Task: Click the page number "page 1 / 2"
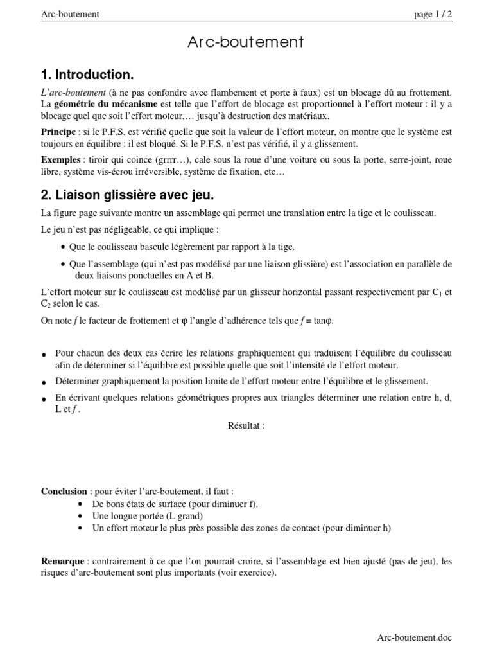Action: tap(433, 15)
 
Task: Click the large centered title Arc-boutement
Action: tap(246, 43)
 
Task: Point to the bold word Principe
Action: tap(58, 132)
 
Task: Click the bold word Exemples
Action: tap(60, 159)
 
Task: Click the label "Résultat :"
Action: tap(246, 425)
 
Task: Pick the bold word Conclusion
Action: tap(64, 492)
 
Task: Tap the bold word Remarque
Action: tap(62, 561)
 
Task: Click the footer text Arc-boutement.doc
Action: tap(414, 637)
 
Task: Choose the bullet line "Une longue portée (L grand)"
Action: tap(148, 516)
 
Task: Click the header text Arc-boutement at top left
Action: tap(69, 15)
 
